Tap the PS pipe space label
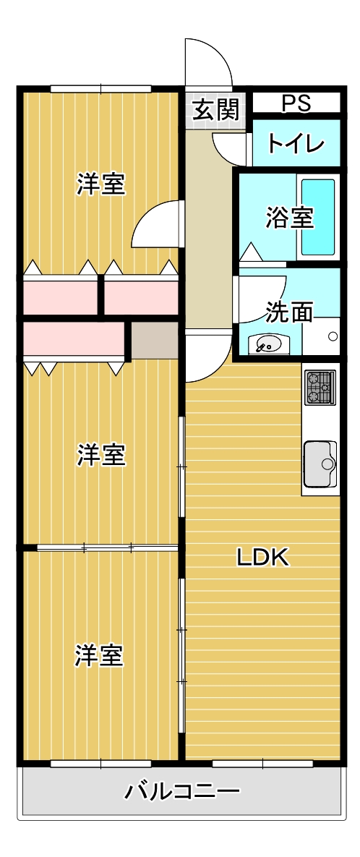point(296,103)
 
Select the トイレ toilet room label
point(296,143)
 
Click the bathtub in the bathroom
point(318,216)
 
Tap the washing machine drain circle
point(333,336)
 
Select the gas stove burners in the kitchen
point(320,387)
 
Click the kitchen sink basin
point(319,463)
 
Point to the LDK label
point(263,557)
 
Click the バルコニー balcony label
point(182,790)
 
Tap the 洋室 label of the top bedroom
point(101,184)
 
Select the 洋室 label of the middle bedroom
point(101,455)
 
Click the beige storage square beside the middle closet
point(155,340)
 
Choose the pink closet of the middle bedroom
point(73,340)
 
